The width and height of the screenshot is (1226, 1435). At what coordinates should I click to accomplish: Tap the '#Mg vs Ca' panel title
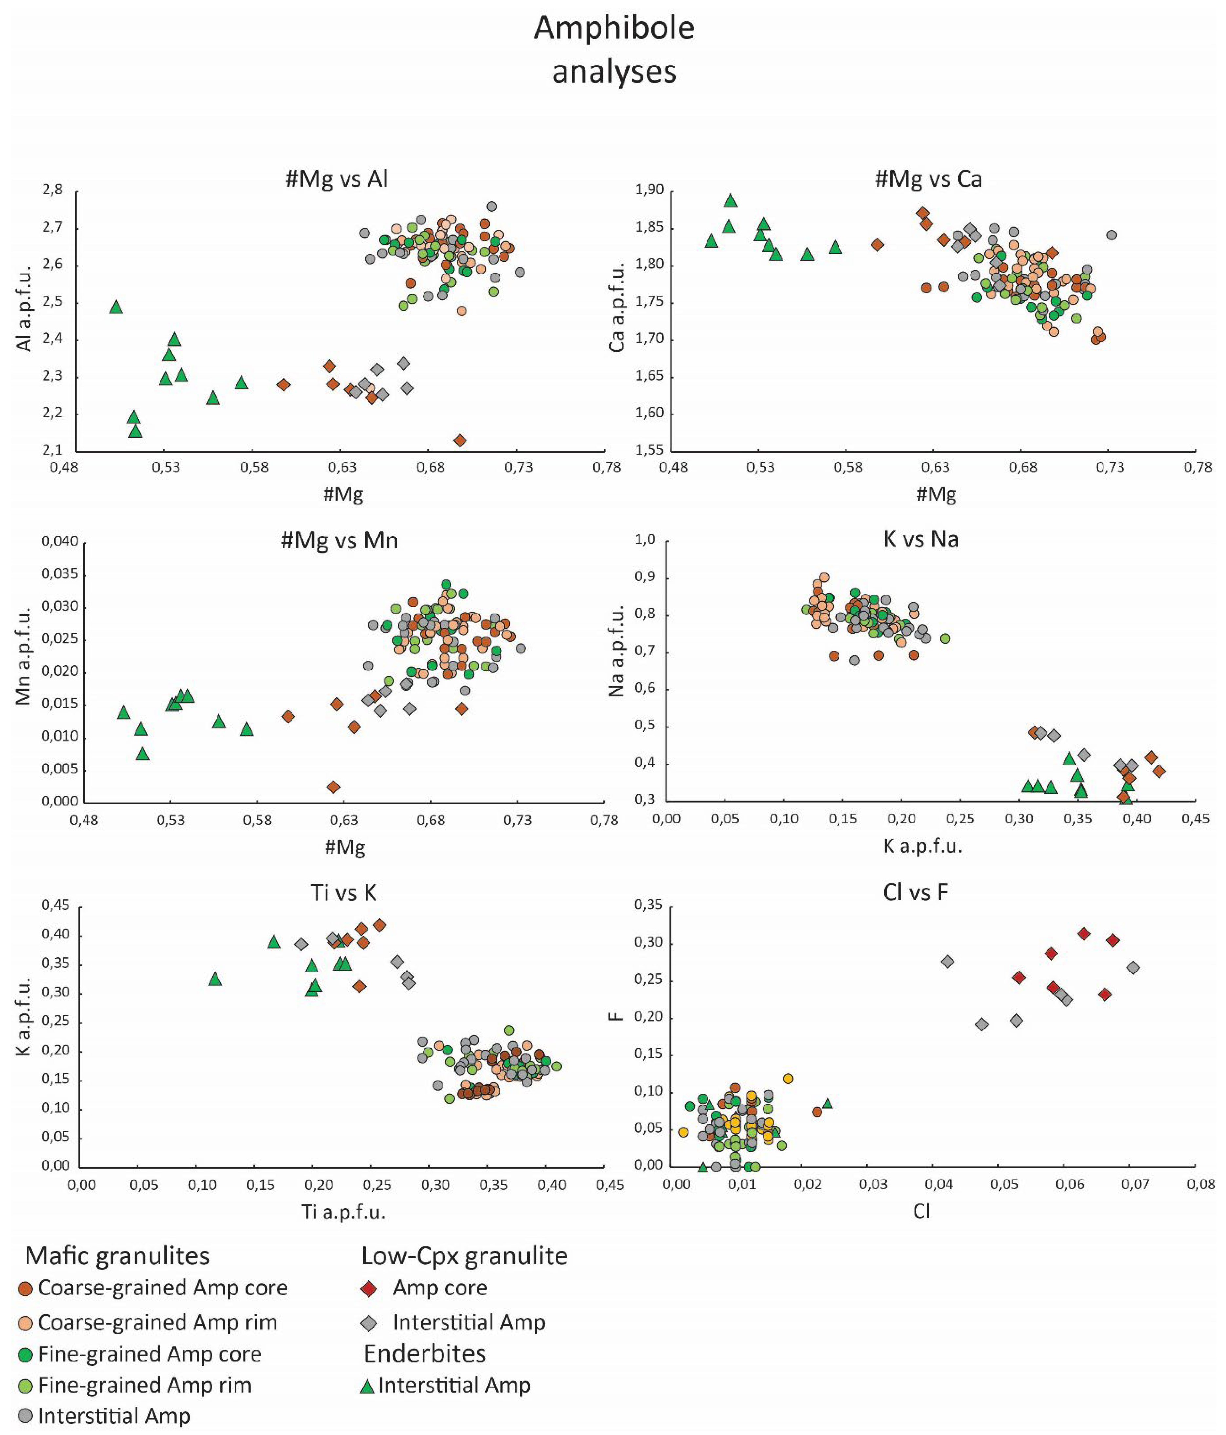point(928,179)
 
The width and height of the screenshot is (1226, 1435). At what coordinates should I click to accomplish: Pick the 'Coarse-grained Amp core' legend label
point(163,1288)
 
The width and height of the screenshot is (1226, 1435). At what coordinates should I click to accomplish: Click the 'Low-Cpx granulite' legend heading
point(464,1256)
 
